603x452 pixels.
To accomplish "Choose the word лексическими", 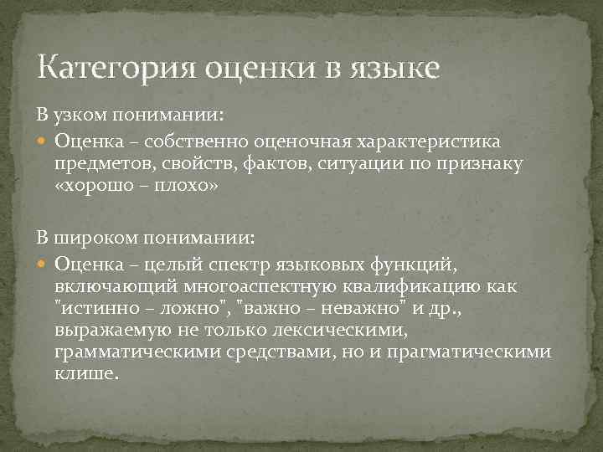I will tap(354, 330).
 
